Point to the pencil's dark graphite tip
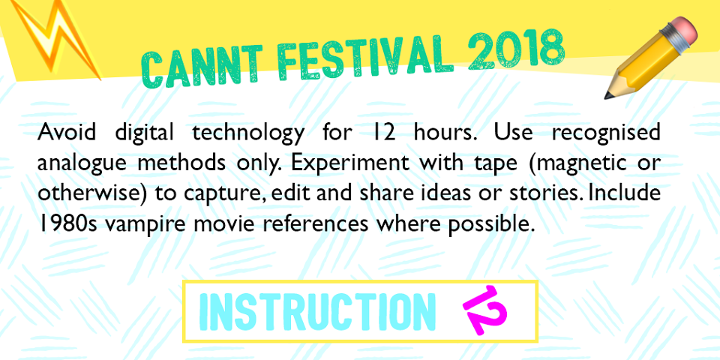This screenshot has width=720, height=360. click(x=608, y=95)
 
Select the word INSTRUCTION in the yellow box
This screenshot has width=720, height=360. click(x=317, y=312)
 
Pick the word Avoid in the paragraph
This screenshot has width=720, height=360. click(x=67, y=132)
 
